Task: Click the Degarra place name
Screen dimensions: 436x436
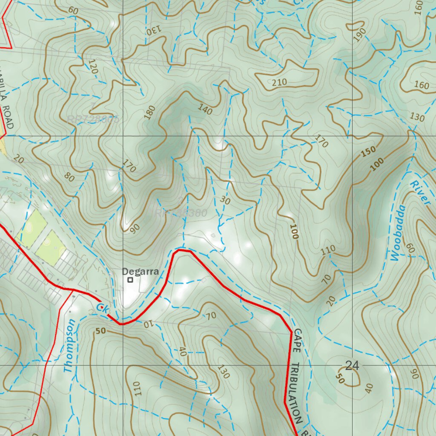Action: (140, 271)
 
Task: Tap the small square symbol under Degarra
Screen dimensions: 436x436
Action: (130, 280)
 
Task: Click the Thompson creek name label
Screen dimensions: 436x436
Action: (71, 346)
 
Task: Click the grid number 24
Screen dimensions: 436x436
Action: (352, 365)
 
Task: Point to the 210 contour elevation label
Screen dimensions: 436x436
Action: (279, 82)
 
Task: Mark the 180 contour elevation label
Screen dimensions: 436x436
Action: (150, 112)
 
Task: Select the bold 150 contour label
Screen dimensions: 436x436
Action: (369, 152)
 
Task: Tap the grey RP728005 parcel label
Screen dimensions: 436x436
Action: (93, 120)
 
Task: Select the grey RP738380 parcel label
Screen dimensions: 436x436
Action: (181, 212)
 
